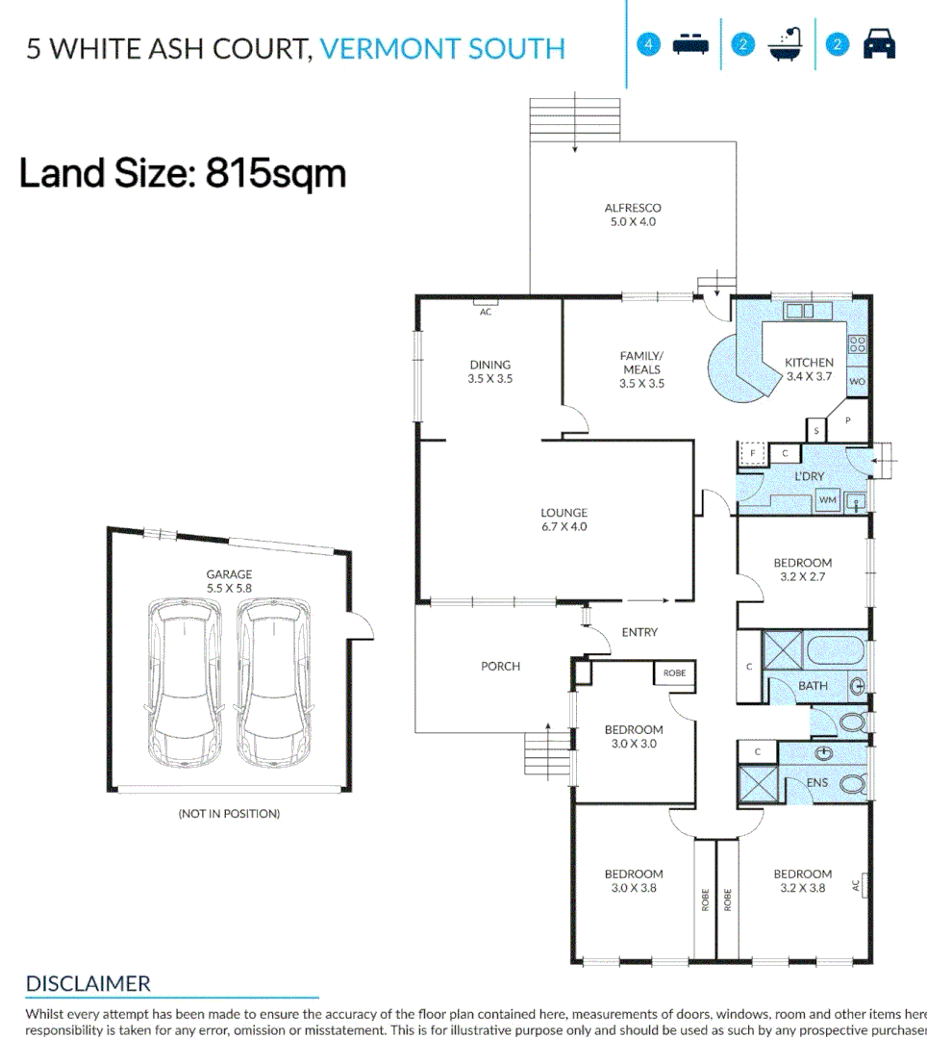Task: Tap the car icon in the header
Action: tap(879, 45)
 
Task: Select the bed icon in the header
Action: tap(690, 45)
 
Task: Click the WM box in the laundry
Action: tap(826, 500)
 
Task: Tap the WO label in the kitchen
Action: tap(857, 382)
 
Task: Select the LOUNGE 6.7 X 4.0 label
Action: tap(563, 519)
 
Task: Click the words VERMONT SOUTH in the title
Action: tap(442, 48)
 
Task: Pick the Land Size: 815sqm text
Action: tap(183, 174)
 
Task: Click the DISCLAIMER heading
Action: tap(88, 984)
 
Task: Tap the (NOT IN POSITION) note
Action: tap(229, 814)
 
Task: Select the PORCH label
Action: tap(500, 666)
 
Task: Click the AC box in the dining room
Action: tap(486, 312)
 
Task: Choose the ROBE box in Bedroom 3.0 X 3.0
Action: tap(674, 673)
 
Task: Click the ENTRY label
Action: tap(639, 632)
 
